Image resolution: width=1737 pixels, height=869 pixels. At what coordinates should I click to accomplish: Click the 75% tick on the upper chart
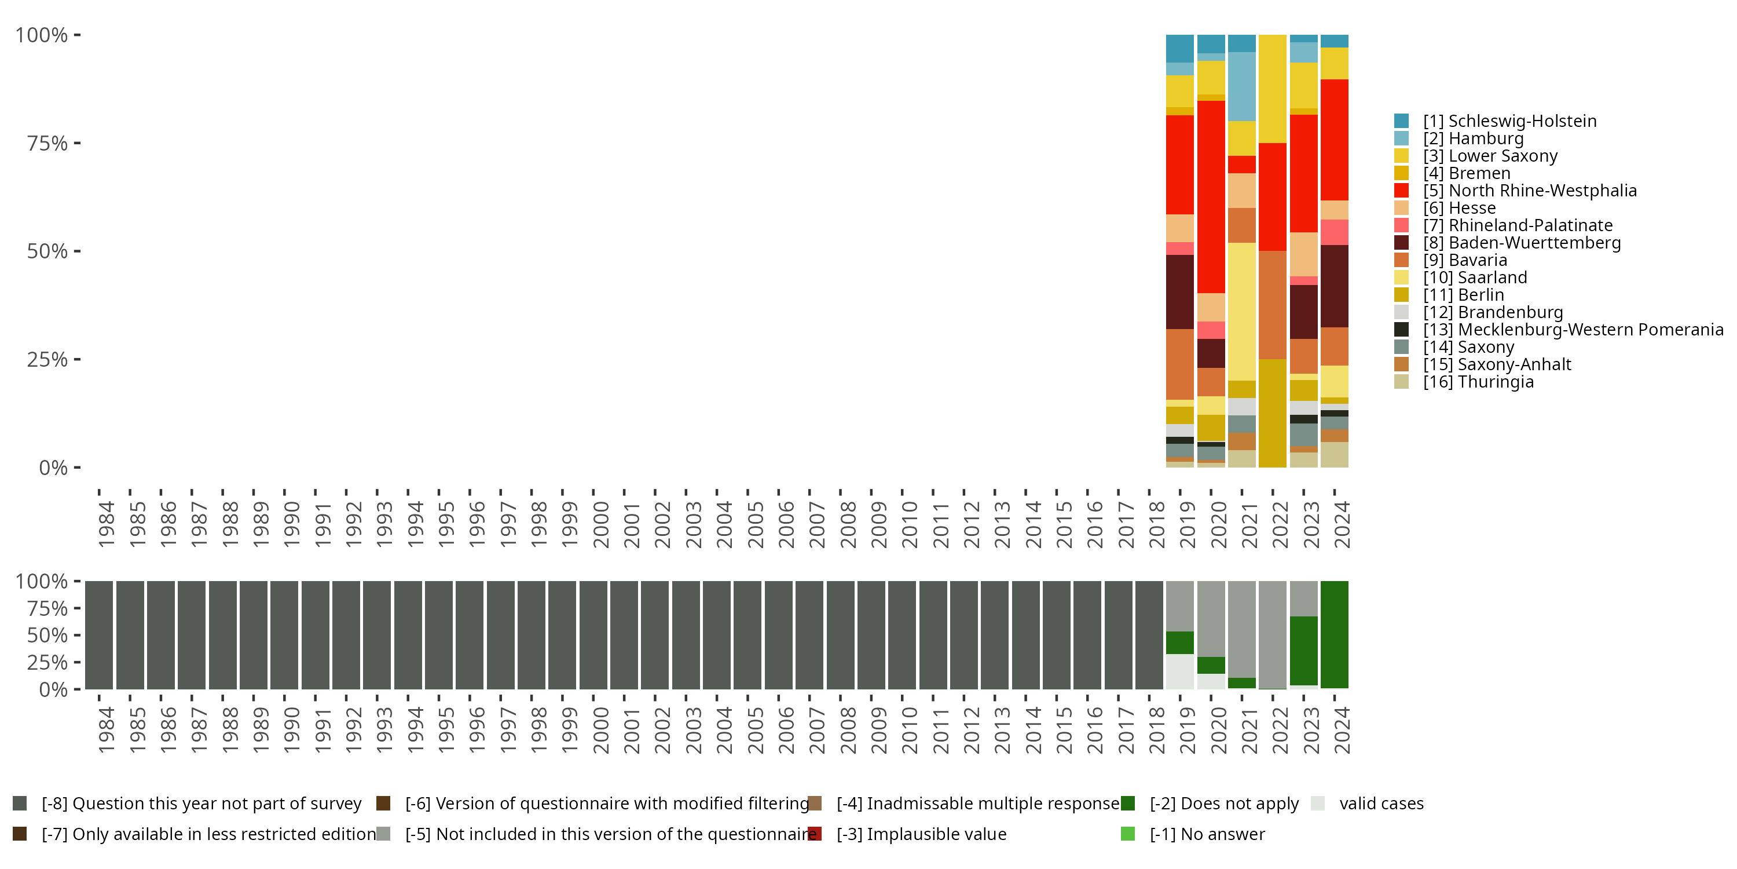pyautogui.click(x=47, y=143)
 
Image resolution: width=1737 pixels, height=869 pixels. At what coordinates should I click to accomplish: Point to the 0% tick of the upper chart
pyautogui.click(x=53, y=468)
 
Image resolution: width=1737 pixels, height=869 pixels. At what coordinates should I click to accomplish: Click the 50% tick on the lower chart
pyautogui.click(x=47, y=636)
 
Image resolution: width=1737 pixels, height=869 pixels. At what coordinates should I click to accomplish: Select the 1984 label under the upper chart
pyautogui.click(x=106, y=524)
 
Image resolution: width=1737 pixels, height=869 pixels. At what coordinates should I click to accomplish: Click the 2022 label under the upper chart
pyautogui.click(x=1280, y=524)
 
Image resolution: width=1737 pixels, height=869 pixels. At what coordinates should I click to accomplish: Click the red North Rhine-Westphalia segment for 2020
pyautogui.click(x=1211, y=196)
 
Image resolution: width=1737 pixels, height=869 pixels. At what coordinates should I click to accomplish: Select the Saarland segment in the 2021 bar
pyautogui.click(x=1241, y=311)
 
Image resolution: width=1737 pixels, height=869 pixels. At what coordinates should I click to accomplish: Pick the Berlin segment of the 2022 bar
pyautogui.click(x=1273, y=413)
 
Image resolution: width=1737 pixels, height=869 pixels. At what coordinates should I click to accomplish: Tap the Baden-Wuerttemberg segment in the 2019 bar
pyautogui.click(x=1180, y=291)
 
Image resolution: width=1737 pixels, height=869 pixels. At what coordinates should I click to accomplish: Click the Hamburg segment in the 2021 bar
pyautogui.click(x=1241, y=86)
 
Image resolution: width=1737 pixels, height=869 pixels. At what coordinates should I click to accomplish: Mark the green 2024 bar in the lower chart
pyautogui.click(x=1335, y=635)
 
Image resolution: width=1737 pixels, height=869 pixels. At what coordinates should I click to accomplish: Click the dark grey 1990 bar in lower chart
pyautogui.click(x=284, y=635)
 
